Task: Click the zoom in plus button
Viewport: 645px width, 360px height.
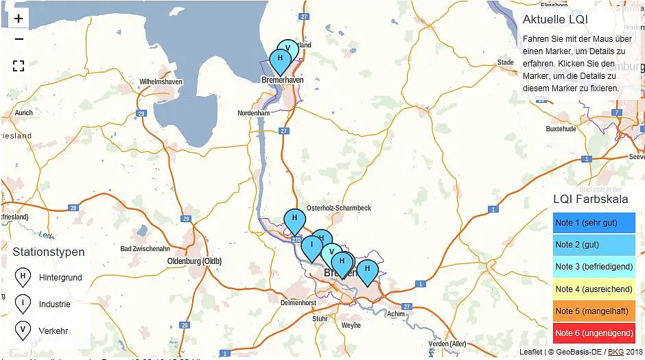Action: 19,19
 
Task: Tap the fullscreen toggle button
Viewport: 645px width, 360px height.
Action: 19,66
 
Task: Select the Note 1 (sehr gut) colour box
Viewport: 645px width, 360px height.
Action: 594,223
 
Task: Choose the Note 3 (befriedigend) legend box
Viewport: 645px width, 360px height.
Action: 594,267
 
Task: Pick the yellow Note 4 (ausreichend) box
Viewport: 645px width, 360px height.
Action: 594,289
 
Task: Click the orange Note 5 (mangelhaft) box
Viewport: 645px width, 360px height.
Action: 594,311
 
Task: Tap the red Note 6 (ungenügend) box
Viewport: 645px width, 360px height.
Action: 594,333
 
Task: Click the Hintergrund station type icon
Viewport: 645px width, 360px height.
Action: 23,277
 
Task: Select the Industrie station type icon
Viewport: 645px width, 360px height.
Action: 23,304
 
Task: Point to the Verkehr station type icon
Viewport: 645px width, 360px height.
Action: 23,331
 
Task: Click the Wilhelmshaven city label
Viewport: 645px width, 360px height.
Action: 161,82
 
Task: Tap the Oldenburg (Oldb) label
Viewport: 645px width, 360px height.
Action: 194,261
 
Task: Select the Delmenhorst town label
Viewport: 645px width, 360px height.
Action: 298,302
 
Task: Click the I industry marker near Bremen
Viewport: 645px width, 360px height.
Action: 312,246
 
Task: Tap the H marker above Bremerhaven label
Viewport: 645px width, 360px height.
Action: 279,60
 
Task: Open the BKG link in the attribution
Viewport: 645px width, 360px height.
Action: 615,352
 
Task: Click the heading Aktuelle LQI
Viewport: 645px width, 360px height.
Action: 554,19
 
